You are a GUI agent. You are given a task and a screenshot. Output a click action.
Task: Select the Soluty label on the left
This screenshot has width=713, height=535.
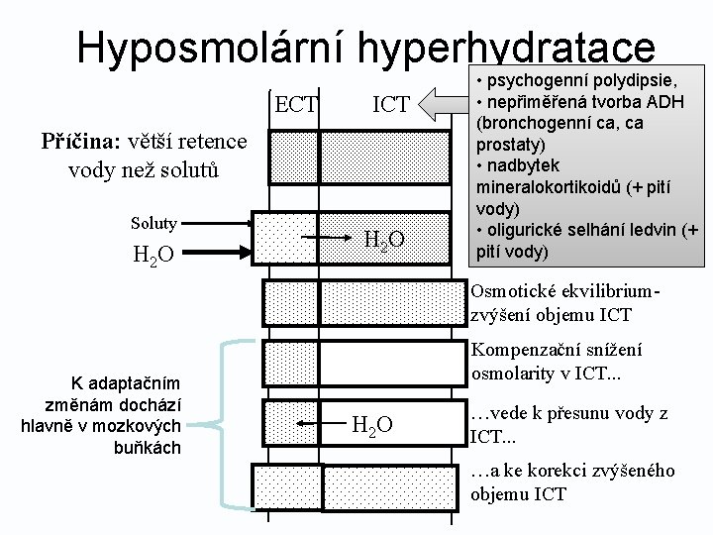tap(154, 223)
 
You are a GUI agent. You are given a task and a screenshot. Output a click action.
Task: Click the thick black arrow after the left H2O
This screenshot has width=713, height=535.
tap(218, 254)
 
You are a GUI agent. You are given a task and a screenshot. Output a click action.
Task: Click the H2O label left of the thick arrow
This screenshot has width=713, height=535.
tap(153, 255)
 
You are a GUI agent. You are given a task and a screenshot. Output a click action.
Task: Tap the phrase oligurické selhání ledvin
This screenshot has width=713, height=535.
tap(579, 231)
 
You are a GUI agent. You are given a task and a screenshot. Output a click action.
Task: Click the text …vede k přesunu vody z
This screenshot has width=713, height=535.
tap(568, 413)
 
